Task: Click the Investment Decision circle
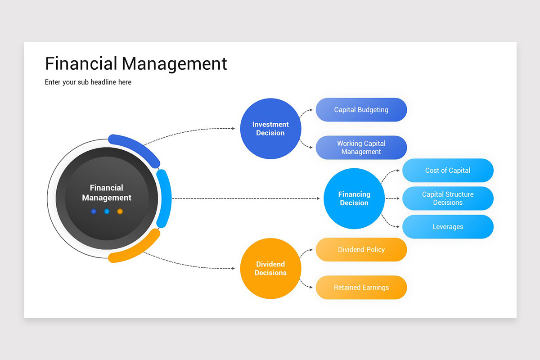click(x=270, y=129)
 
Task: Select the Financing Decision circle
click(x=354, y=198)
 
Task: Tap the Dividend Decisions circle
click(x=270, y=269)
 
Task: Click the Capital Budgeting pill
click(x=361, y=110)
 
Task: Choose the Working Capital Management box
click(x=361, y=148)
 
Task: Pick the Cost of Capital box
click(x=447, y=171)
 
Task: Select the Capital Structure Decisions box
click(x=447, y=198)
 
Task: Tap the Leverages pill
click(x=447, y=227)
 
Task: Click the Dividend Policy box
click(x=361, y=250)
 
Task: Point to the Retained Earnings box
click(x=361, y=288)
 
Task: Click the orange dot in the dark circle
click(x=120, y=211)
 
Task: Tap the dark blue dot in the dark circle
click(x=94, y=211)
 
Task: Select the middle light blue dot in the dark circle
click(x=107, y=211)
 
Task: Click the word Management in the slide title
click(x=175, y=63)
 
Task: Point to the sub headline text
click(x=88, y=82)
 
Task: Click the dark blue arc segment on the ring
click(x=135, y=147)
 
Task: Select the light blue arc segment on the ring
click(x=165, y=198)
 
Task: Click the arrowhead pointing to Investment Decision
click(x=233, y=129)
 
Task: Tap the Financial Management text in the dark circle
click(x=107, y=193)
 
